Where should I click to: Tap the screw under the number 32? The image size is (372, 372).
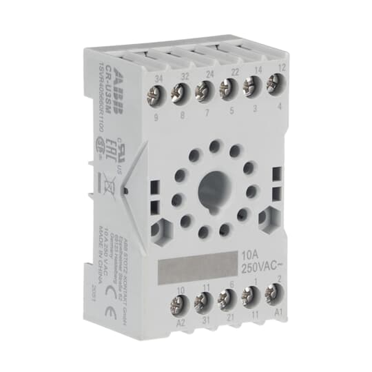point(181,89)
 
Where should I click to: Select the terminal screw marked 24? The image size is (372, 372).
point(204,89)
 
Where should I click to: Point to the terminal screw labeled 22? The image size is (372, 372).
point(227,88)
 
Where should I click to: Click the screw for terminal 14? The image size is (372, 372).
point(250,87)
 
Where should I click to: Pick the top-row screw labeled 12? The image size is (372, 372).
point(273,84)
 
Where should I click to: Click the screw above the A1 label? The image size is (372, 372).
point(272,294)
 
